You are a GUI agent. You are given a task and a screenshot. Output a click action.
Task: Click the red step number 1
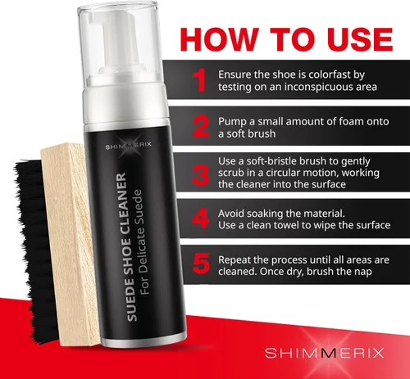click(x=200, y=80)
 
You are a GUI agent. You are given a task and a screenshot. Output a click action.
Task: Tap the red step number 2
click(x=201, y=126)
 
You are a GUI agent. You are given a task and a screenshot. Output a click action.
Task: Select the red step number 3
click(x=201, y=175)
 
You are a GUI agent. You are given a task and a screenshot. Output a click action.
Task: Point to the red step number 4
click(x=201, y=219)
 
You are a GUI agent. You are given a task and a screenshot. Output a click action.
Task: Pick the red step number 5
click(x=201, y=264)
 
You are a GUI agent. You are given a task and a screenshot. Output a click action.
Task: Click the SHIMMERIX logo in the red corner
click(x=325, y=353)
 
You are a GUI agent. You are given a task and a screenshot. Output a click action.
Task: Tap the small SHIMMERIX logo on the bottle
click(x=129, y=146)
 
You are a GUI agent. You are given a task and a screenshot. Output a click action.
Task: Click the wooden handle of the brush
click(x=70, y=243)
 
